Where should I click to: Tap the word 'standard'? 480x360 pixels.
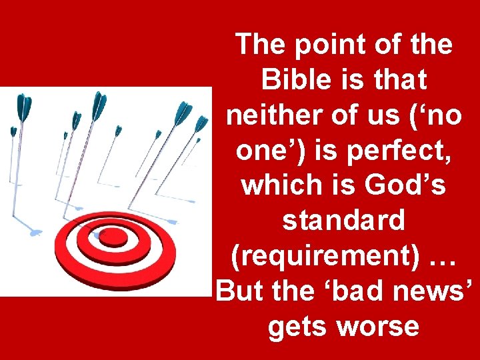coord(343,221)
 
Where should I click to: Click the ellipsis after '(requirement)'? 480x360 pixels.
coord(439,257)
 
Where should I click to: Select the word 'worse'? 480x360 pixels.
coord(377,327)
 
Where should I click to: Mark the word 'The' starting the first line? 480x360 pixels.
coord(263,45)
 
